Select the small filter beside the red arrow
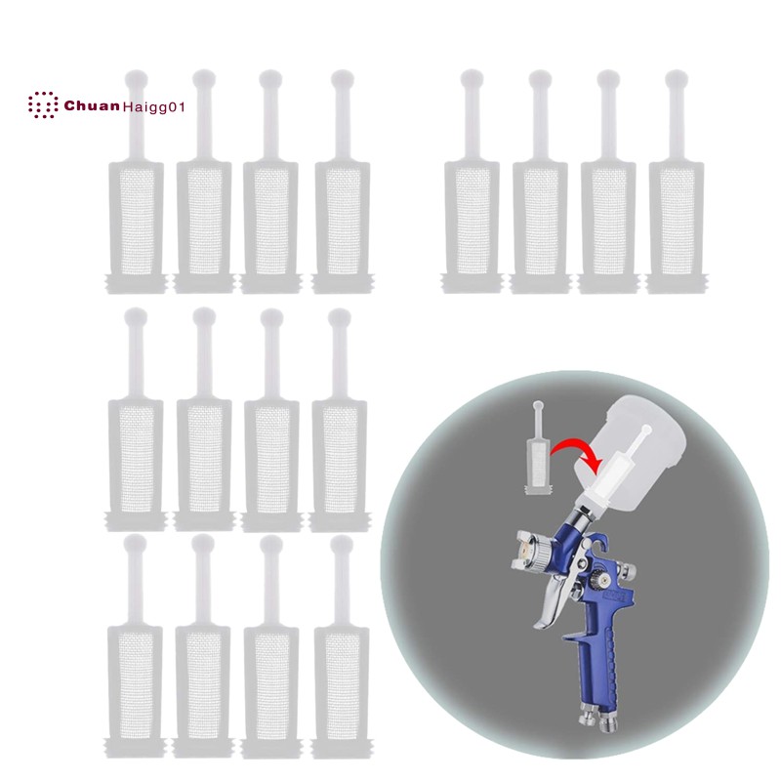click(x=538, y=447)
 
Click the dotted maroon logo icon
click(x=42, y=105)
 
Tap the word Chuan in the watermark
click(x=92, y=105)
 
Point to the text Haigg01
click(x=153, y=107)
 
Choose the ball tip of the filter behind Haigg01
click(x=136, y=80)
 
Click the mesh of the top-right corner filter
click(x=677, y=222)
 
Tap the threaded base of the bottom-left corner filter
click(x=135, y=748)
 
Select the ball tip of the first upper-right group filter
click(x=472, y=80)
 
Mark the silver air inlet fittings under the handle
click(x=596, y=720)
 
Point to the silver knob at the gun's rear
click(x=629, y=571)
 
